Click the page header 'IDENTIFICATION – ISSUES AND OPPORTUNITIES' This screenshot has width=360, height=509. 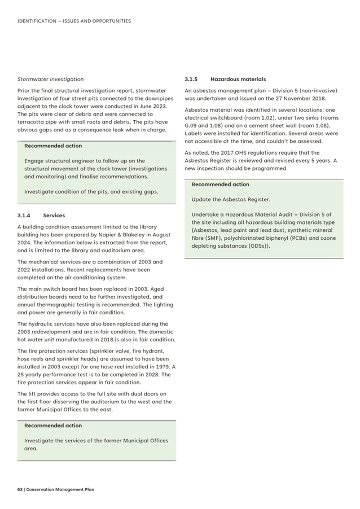(74, 21)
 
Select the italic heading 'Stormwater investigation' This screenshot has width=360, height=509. (50, 79)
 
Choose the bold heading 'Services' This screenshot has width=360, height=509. (54, 215)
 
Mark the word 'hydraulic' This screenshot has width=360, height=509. (43, 324)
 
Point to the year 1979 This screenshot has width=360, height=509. (161, 367)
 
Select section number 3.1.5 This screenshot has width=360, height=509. (191, 79)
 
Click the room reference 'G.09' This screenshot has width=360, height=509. (194, 126)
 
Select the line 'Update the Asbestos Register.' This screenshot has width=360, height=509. (231, 200)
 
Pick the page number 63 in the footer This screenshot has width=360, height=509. (20, 490)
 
